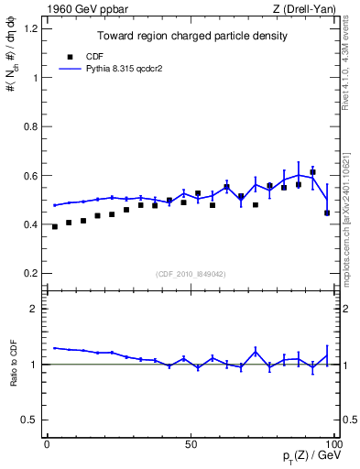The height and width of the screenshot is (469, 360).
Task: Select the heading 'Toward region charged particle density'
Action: pos(193,37)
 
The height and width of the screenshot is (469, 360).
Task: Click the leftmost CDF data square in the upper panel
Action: pos(55,226)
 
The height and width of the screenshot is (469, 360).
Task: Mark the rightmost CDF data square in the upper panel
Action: pos(327,213)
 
